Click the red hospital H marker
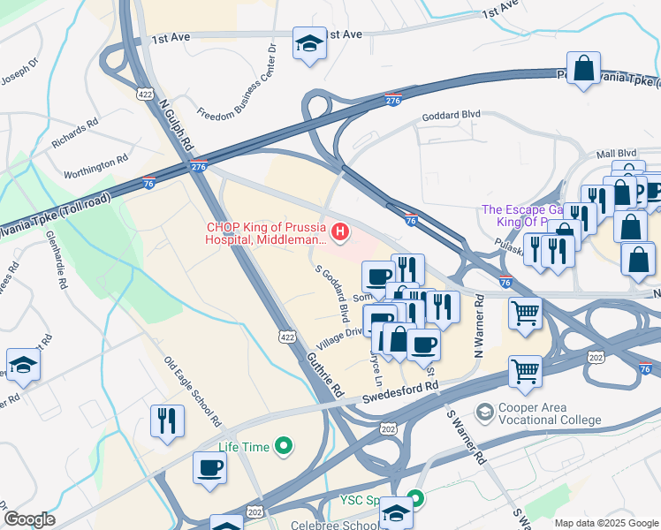(x=339, y=233)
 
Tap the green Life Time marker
(x=284, y=447)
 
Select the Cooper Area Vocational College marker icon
(x=484, y=413)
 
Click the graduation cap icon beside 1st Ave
(x=309, y=44)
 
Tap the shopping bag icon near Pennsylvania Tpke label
(x=584, y=68)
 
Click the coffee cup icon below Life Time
(x=210, y=467)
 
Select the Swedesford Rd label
(x=399, y=392)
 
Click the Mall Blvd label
(x=616, y=152)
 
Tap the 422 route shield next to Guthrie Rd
(x=286, y=337)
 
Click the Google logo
(x=29, y=519)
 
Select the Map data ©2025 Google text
(x=606, y=523)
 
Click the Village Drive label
(x=342, y=336)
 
